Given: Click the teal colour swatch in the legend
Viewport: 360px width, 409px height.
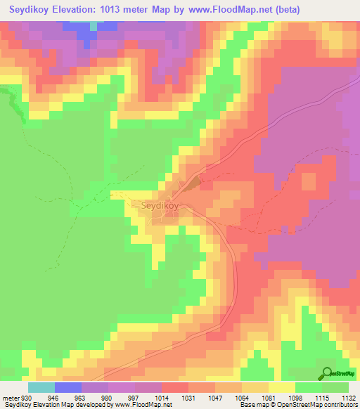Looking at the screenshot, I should coord(41,387).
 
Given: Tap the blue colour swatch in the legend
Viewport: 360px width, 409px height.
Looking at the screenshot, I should coord(68,387).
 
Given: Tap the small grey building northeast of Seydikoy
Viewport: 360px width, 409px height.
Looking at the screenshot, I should coord(193,183).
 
